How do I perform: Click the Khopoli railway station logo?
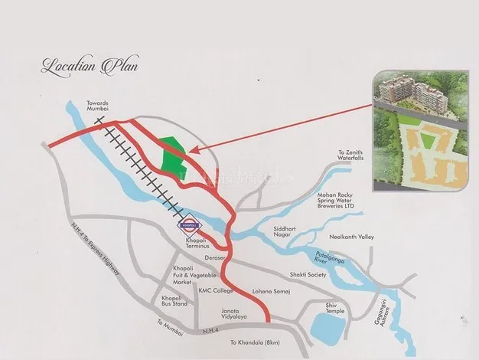click(190, 226)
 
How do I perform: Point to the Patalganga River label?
click(334, 260)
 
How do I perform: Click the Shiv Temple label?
click(334, 306)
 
